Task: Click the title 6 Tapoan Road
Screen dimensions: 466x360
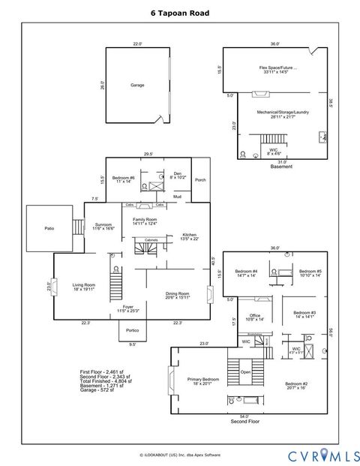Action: [180, 13]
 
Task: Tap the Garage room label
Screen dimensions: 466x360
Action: [137, 85]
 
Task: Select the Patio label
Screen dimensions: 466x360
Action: [49, 228]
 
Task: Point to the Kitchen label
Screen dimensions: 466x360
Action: [190, 236]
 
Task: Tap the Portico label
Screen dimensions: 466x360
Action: [132, 330]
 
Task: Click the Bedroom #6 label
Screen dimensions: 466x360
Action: [123, 179]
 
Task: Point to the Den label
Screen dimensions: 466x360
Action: [178, 174]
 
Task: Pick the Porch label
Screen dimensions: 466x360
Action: [200, 180]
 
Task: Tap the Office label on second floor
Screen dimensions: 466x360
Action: [255, 316]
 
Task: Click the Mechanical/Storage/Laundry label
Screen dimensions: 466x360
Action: [277, 113]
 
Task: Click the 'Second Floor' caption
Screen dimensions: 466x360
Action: [244, 422]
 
